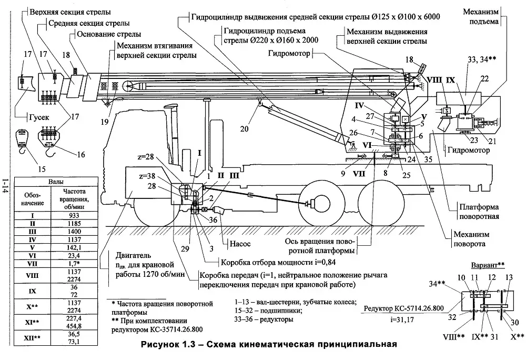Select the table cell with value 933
click(x=77, y=215)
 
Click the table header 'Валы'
click(x=57, y=181)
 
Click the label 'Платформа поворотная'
click(x=478, y=211)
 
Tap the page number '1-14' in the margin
click(x=5, y=187)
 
